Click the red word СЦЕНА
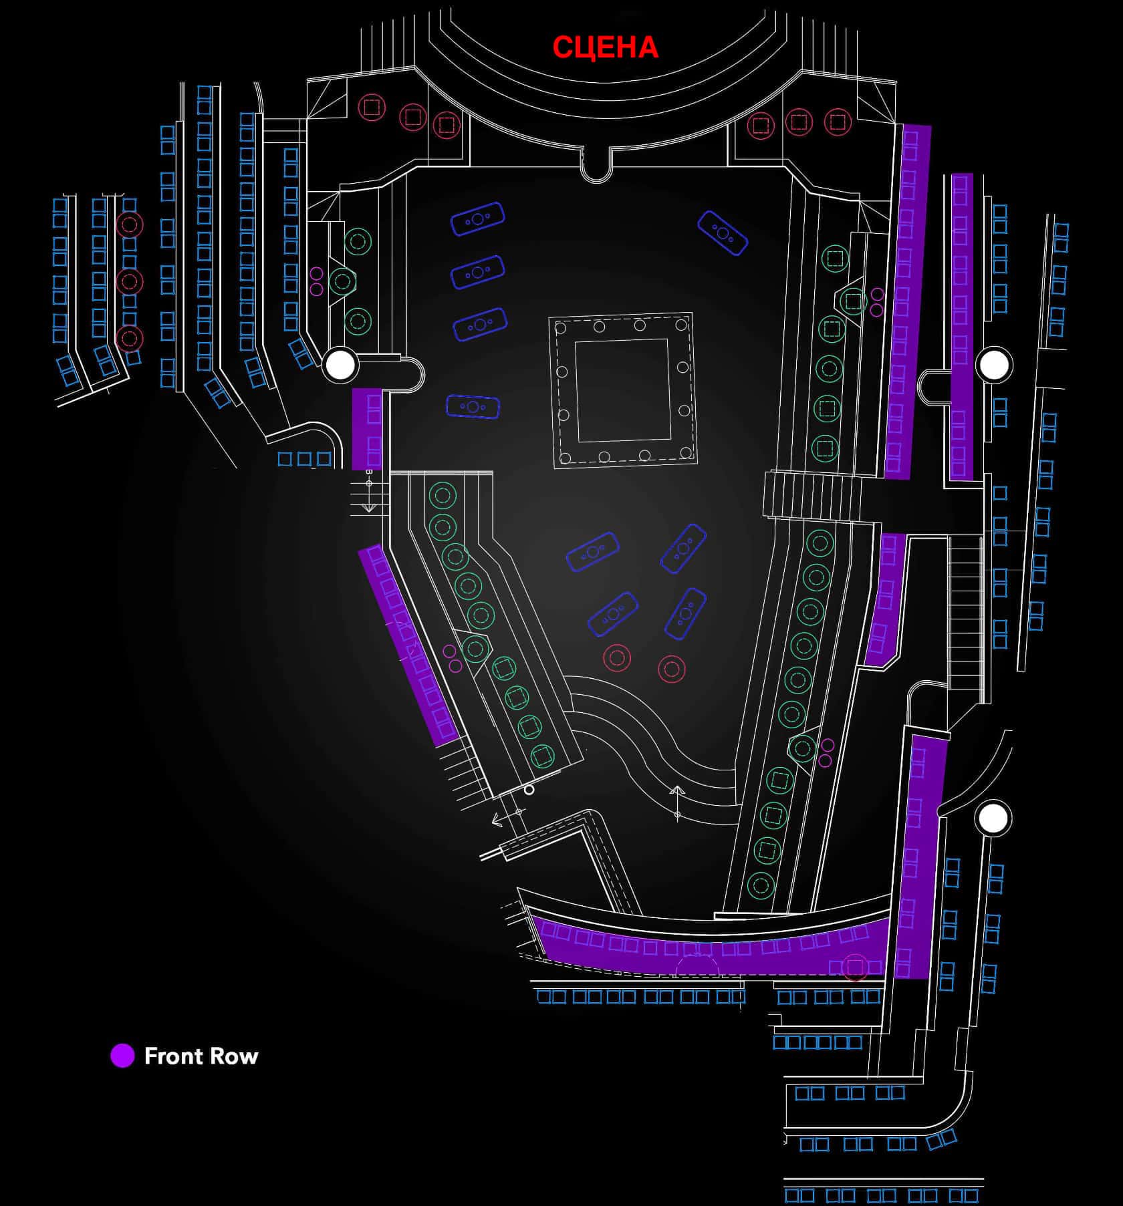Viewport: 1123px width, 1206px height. [x=605, y=47]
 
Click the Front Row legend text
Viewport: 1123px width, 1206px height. [x=201, y=1056]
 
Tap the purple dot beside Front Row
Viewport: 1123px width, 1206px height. [x=122, y=1056]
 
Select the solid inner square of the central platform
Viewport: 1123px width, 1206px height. [x=622, y=390]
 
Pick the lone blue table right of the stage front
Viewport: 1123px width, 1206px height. [x=722, y=233]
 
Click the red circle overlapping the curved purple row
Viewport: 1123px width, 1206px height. [x=854, y=966]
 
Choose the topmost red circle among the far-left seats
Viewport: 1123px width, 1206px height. [x=129, y=224]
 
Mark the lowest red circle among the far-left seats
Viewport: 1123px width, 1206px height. [x=129, y=339]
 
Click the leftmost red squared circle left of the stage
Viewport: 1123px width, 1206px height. [x=372, y=107]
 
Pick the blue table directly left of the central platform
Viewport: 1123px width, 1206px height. [x=473, y=406]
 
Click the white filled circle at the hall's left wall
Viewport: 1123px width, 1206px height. [x=340, y=365]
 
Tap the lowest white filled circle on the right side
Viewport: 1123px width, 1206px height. [x=993, y=818]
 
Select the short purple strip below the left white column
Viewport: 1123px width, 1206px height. [x=367, y=429]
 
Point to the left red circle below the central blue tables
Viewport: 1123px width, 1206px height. [x=617, y=658]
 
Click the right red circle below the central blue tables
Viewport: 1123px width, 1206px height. [x=672, y=669]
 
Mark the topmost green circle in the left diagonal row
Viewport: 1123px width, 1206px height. [x=442, y=496]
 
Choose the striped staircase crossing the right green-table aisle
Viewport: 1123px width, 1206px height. [x=812, y=494]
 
